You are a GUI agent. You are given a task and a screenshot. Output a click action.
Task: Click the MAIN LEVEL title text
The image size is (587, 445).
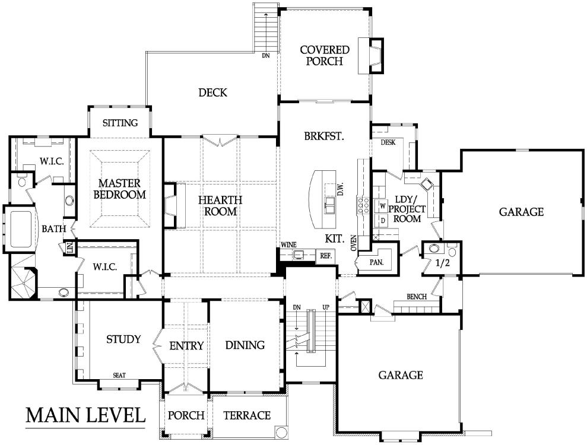(85, 415)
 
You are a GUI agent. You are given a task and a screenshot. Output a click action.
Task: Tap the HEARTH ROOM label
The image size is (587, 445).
(220, 205)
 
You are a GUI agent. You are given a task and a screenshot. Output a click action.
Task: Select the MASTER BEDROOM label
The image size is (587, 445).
(119, 189)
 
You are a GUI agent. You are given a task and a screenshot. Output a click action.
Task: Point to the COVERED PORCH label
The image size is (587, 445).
(325, 55)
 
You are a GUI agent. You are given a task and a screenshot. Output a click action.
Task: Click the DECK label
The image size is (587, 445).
(212, 93)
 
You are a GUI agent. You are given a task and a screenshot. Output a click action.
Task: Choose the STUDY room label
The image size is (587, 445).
(123, 339)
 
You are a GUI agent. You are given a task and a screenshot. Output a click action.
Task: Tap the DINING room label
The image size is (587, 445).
(245, 345)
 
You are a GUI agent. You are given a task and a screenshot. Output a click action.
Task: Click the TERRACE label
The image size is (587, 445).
(247, 415)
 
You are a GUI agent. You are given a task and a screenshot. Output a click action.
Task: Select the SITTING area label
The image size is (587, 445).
(120, 123)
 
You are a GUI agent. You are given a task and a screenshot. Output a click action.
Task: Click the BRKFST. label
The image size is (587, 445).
(324, 136)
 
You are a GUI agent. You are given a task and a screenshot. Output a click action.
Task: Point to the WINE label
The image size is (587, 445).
(288, 245)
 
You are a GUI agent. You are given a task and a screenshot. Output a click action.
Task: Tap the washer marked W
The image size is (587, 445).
(383, 206)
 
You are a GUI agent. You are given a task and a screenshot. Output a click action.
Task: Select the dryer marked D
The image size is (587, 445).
(383, 220)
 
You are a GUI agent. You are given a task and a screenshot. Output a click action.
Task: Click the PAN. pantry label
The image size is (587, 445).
(377, 262)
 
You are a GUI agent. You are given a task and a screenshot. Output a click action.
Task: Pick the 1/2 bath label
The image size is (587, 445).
(443, 263)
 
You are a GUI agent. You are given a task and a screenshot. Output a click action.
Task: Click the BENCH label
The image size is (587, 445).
(417, 297)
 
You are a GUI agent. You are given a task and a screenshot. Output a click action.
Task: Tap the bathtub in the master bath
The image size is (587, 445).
(21, 229)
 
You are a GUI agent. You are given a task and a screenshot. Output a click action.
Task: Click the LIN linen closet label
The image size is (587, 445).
(69, 248)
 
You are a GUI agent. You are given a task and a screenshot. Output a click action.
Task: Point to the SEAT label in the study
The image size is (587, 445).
(119, 375)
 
